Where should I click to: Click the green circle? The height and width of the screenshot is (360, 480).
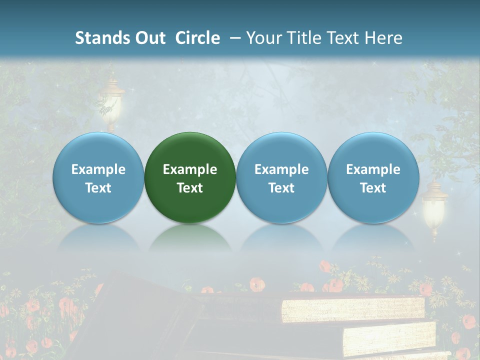pyautogui.click(x=190, y=177)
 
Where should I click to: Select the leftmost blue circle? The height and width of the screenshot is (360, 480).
pyautogui.click(x=98, y=177)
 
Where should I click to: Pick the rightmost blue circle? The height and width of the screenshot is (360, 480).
pyautogui.click(x=373, y=177)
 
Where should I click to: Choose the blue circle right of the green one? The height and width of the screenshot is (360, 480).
pyautogui.click(x=281, y=177)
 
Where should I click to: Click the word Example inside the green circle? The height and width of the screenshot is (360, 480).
pyautogui.click(x=190, y=169)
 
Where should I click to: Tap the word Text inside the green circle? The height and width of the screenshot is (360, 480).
pyautogui.click(x=190, y=188)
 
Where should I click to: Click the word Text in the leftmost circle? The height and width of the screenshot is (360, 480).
pyautogui.click(x=98, y=188)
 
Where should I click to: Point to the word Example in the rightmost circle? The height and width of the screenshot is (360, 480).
pyautogui.click(x=373, y=169)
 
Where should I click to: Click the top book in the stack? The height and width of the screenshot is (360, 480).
pyautogui.click(x=352, y=309)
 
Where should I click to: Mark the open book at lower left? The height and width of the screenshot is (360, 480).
pyautogui.click(x=130, y=315)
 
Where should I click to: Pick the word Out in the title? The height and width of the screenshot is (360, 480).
pyautogui.click(x=150, y=38)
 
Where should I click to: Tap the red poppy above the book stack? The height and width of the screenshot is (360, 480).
pyautogui.click(x=257, y=284)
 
